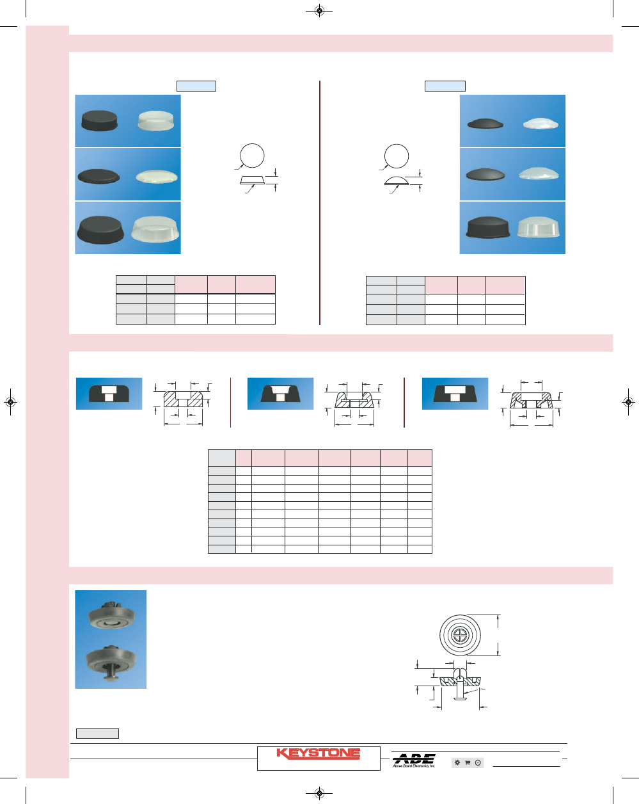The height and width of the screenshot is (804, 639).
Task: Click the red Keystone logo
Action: pyautogui.click(x=318, y=754)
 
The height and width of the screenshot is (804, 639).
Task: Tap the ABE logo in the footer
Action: pyautogui.click(x=414, y=760)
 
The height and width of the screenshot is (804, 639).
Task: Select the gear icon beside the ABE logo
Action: pyautogui.click(x=457, y=762)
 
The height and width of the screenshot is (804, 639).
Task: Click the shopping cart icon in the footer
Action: pyautogui.click(x=468, y=762)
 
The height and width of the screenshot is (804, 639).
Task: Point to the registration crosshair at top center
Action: pyautogui.click(x=320, y=10)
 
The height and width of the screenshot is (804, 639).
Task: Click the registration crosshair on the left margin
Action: pyautogui.click(x=10, y=402)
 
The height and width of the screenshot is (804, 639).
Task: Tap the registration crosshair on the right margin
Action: pyautogui.click(x=629, y=402)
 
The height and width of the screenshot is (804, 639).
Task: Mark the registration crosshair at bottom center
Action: pyautogui.click(x=320, y=794)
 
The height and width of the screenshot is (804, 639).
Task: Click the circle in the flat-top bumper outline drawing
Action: pyautogui.click(x=252, y=156)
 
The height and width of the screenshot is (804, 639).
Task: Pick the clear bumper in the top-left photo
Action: pyautogui.click(x=156, y=120)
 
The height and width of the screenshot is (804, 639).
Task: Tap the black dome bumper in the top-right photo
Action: pyautogui.click(x=485, y=123)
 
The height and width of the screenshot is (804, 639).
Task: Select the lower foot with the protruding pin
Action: pyautogui.click(x=110, y=661)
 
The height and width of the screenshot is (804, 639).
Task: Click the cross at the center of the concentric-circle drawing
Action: pyautogui.click(x=460, y=636)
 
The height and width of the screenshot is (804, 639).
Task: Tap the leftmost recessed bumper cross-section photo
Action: pyautogui.click(x=109, y=394)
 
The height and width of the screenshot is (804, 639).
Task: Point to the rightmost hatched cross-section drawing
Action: pyautogui.click(x=532, y=401)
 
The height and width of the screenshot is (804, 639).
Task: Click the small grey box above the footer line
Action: pyautogui.click(x=97, y=734)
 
